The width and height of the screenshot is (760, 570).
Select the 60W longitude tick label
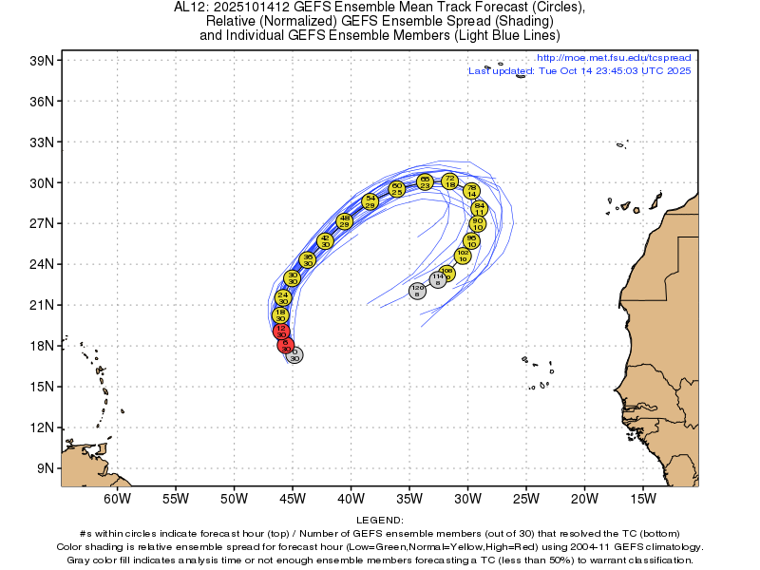(x=117, y=498)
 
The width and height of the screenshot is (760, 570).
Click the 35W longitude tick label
(x=409, y=498)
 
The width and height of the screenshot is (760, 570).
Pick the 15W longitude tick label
(x=643, y=498)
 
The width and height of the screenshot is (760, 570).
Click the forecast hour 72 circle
(x=450, y=180)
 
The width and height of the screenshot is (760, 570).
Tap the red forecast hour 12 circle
(x=281, y=331)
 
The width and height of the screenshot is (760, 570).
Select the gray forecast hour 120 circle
(x=417, y=290)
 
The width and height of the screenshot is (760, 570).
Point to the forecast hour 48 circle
(x=345, y=220)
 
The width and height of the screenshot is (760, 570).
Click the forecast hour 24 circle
(x=282, y=298)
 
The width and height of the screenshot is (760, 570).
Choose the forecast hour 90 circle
(x=478, y=223)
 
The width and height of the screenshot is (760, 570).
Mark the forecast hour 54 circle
(x=370, y=201)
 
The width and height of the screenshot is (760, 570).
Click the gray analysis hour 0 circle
(x=294, y=355)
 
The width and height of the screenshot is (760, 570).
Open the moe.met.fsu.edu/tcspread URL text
(x=614, y=59)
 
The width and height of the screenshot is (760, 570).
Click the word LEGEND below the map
(x=380, y=521)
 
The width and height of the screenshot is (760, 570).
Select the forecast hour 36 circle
(x=307, y=259)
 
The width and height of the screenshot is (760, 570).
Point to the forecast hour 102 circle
(x=463, y=255)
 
